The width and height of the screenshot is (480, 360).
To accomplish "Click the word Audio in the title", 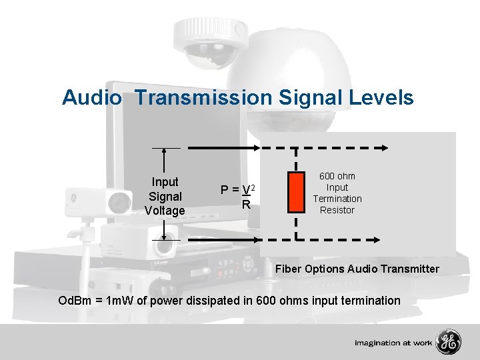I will tap(92, 98).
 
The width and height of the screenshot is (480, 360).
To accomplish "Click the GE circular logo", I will tap(447, 342).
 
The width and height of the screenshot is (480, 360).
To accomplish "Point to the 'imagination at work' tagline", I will tap(393, 343).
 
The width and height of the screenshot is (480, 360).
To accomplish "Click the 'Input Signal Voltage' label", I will tap(165, 196).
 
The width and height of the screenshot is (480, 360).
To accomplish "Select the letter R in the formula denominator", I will tap(246, 205).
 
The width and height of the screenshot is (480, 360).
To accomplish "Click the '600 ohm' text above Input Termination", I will tap(337, 176).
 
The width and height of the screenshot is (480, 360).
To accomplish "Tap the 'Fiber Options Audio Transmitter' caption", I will tap(357, 269).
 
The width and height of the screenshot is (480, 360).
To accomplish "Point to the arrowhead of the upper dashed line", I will tap(385, 148).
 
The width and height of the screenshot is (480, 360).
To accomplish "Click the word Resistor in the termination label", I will tap(337, 210).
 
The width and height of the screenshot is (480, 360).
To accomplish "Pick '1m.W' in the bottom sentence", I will tap(121, 301).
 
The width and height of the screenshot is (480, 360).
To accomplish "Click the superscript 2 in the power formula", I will tap(254, 185).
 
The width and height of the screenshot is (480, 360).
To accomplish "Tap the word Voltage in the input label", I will tap(165, 211).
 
